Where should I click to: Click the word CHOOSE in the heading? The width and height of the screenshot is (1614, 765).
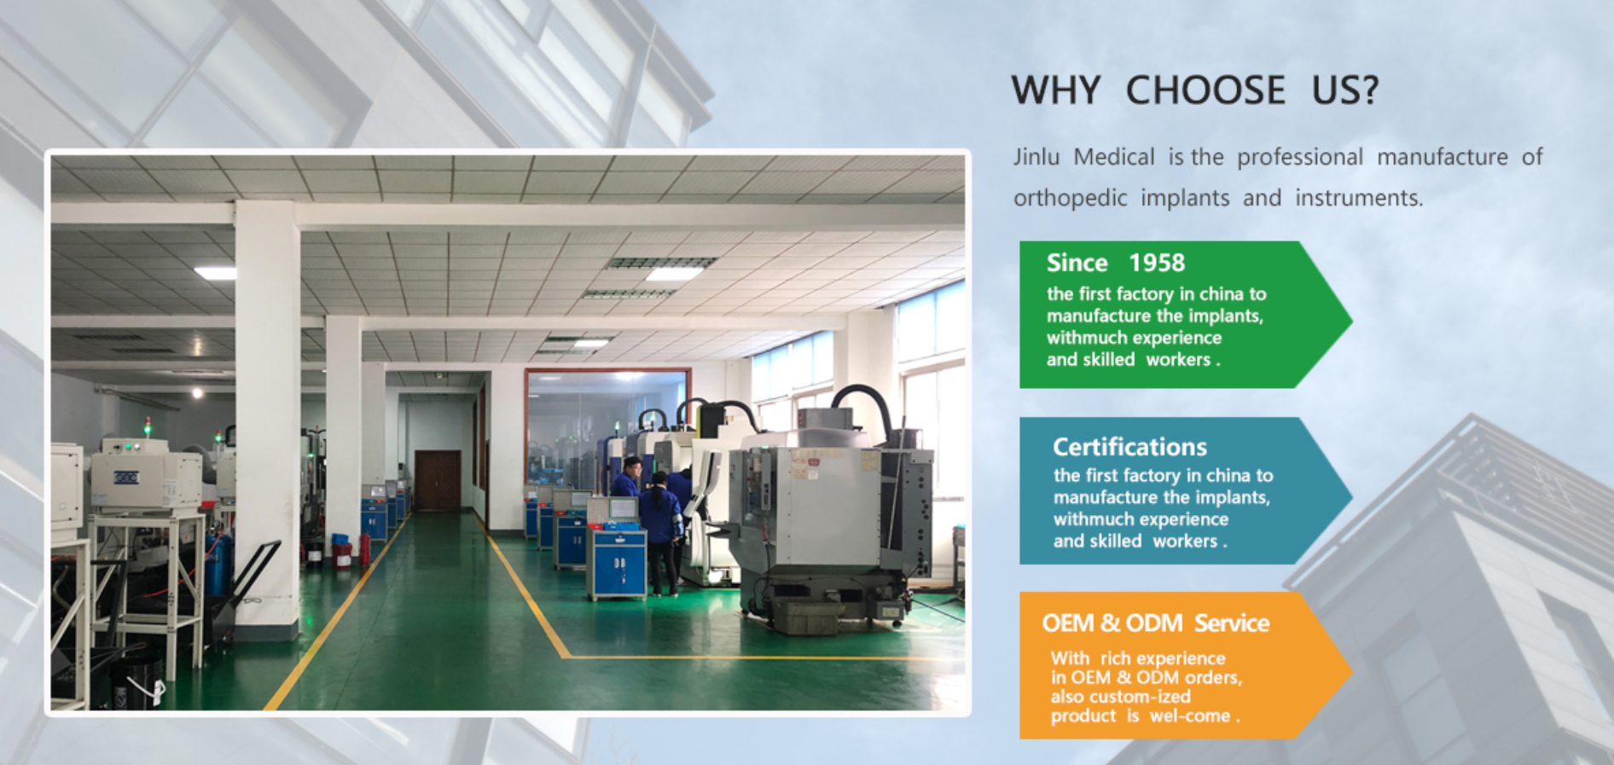[1205, 90]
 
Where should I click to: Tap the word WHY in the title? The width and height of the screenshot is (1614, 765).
[1056, 90]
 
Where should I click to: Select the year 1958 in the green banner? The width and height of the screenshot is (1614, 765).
[1157, 263]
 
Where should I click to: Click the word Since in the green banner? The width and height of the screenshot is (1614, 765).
[1077, 263]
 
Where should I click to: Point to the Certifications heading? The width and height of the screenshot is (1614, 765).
[1129, 447]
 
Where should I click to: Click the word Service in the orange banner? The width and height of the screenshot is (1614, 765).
[1232, 623]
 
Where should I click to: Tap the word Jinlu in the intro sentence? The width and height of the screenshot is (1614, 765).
[1036, 157]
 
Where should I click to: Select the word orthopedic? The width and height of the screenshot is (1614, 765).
[1070, 199]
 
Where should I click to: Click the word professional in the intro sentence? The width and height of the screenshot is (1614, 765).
[1300, 158]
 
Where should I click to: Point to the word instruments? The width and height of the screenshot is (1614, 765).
[1359, 198]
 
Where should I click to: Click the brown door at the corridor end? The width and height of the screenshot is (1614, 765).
[437, 480]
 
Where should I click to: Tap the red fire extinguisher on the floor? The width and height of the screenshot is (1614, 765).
[365, 549]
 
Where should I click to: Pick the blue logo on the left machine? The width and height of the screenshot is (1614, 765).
[126, 478]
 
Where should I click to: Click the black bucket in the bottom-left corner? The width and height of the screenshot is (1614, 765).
[136, 678]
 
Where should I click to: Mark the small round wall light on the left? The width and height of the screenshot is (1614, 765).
[197, 393]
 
